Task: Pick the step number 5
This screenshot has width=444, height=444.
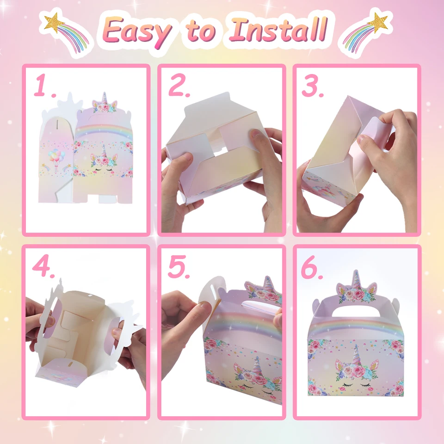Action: pyautogui.click(x=179, y=267)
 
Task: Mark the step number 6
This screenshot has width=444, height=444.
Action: pyautogui.click(x=313, y=268)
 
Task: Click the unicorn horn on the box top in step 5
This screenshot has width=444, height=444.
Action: pyautogui.click(x=266, y=283)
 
